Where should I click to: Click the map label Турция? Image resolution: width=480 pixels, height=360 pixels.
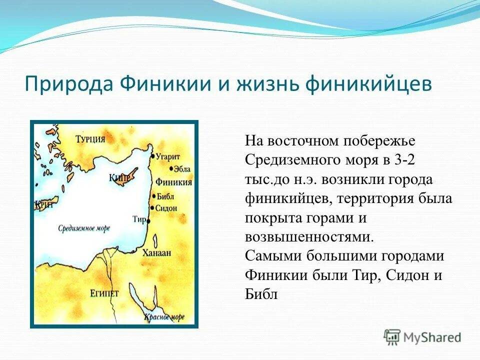pos(90,139)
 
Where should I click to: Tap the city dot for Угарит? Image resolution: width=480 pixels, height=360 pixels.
pos(153,156)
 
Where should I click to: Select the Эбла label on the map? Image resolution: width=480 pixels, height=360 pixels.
pos(182,169)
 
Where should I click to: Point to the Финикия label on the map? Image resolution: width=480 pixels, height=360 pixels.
pos(174,182)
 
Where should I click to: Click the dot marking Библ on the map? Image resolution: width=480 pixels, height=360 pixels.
pos(154,196)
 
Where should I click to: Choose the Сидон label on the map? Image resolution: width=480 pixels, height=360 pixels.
pos(166,208)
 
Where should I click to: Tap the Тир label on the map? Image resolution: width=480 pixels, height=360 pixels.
pos(139,219)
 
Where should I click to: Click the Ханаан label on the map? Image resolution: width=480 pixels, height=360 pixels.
pos(156,253)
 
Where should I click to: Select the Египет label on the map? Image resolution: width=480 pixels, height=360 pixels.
pos(104,293)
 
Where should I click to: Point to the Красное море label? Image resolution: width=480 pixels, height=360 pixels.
pos(164,317)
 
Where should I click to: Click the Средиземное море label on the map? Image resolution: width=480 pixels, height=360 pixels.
pos(84,228)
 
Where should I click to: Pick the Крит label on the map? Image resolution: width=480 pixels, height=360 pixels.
pos(44,204)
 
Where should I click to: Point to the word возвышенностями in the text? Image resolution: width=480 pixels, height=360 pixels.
pos(309,237)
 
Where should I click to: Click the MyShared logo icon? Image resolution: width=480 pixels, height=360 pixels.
pos(392,337)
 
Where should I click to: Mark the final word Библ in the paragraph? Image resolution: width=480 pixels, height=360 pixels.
pos(261,294)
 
